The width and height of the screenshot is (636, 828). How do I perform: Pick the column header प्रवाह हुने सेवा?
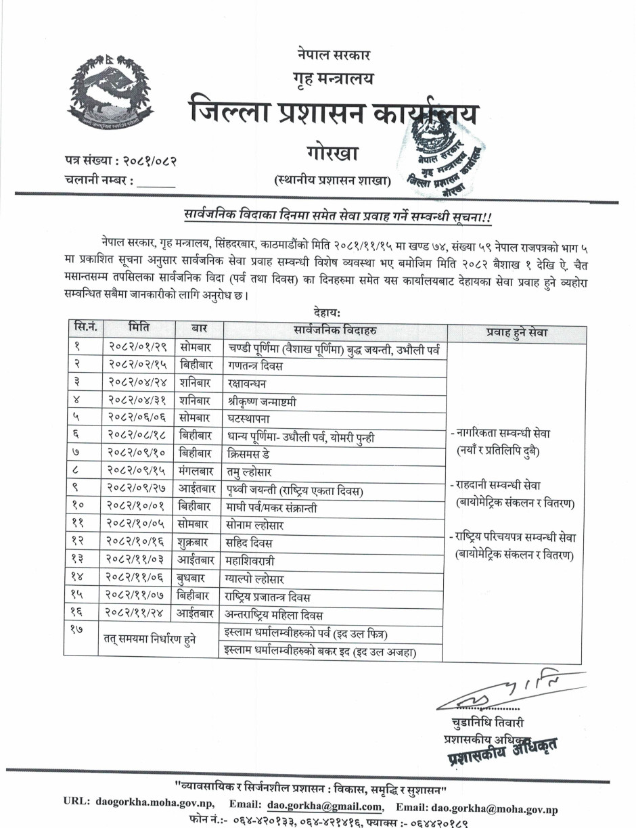point(518,332)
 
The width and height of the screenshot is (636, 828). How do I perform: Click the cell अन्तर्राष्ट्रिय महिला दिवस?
point(274,615)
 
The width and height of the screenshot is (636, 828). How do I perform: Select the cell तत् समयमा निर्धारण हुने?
point(150,641)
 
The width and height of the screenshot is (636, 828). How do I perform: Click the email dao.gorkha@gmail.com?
point(324,807)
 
